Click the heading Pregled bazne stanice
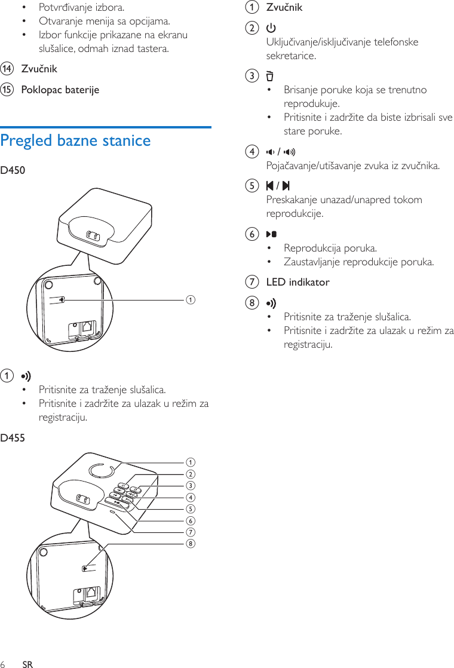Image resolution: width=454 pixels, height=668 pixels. coord(76,141)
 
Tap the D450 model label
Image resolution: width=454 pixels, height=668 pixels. coord(13,171)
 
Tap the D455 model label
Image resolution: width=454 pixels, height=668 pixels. coord(13,439)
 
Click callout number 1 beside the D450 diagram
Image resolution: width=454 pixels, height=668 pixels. coord(191,299)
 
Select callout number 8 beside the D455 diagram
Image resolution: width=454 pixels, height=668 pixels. coord(191,543)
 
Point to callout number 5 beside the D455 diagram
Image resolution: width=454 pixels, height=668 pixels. coord(191,508)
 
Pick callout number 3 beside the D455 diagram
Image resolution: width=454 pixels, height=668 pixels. coord(191,485)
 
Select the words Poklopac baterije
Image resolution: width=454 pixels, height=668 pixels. coord(60,90)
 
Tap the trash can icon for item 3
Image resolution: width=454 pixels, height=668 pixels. coord(270,76)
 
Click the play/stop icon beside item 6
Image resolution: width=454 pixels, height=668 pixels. coord(271,234)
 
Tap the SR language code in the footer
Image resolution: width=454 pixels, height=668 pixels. coord(27,664)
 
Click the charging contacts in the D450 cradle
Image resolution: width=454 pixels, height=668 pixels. coord(92,236)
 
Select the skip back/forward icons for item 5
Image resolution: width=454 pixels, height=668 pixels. coord(278,186)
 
